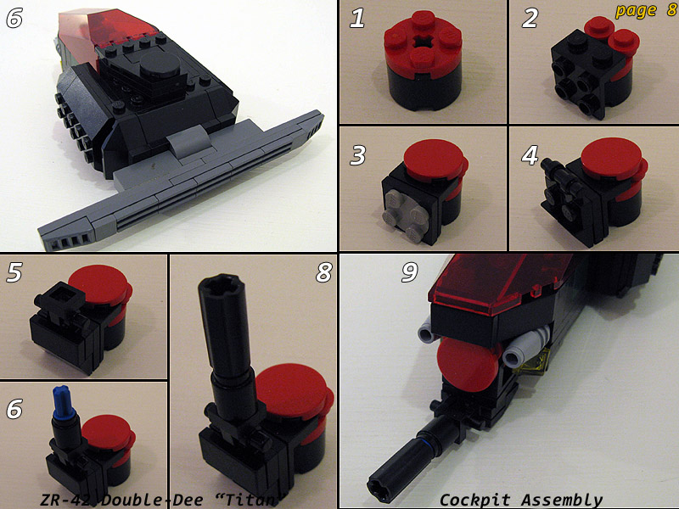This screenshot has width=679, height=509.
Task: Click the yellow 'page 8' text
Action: click(x=646, y=10)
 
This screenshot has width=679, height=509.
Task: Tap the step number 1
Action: click(x=357, y=18)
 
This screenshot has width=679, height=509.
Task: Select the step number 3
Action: click(x=357, y=155)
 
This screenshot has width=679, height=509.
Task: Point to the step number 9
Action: click(x=410, y=271)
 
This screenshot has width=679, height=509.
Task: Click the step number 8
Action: click(x=324, y=271)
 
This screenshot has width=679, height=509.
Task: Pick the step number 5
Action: click(x=14, y=272)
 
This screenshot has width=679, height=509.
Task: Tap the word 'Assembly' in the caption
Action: click(x=562, y=501)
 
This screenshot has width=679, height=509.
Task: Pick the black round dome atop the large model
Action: click(x=160, y=65)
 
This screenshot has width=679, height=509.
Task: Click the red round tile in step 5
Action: click(x=99, y=285)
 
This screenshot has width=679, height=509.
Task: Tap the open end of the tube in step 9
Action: click(x=377, y=485)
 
